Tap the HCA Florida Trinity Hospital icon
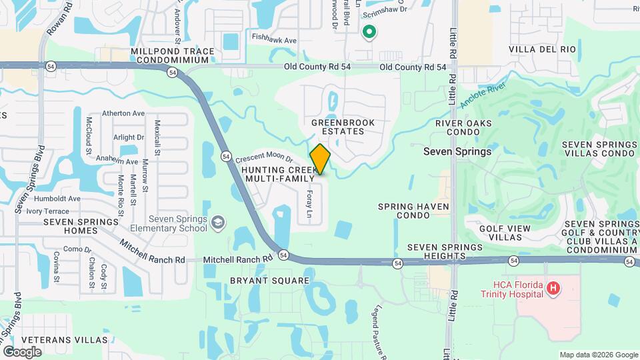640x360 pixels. (x=552, y=289)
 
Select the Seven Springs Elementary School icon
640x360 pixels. (x=217, y=221)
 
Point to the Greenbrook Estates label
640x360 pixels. (x=343, y=127)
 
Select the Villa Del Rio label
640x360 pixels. (x=541, y=49)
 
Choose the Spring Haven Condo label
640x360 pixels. (x=413, y=211)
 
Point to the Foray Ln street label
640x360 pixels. (x=309, y=204)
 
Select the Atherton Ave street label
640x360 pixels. (x=123, y=113)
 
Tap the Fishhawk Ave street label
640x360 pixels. (x=274, y=41)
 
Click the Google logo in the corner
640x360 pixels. (x=22, y=351)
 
